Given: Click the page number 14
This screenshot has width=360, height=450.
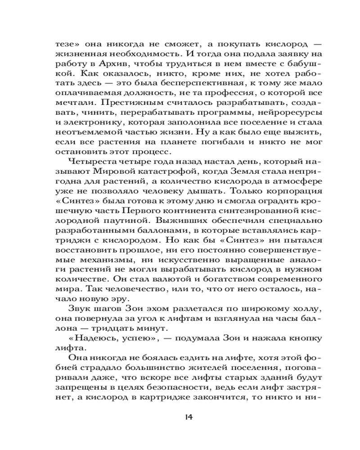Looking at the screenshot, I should [x=189, y=417].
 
